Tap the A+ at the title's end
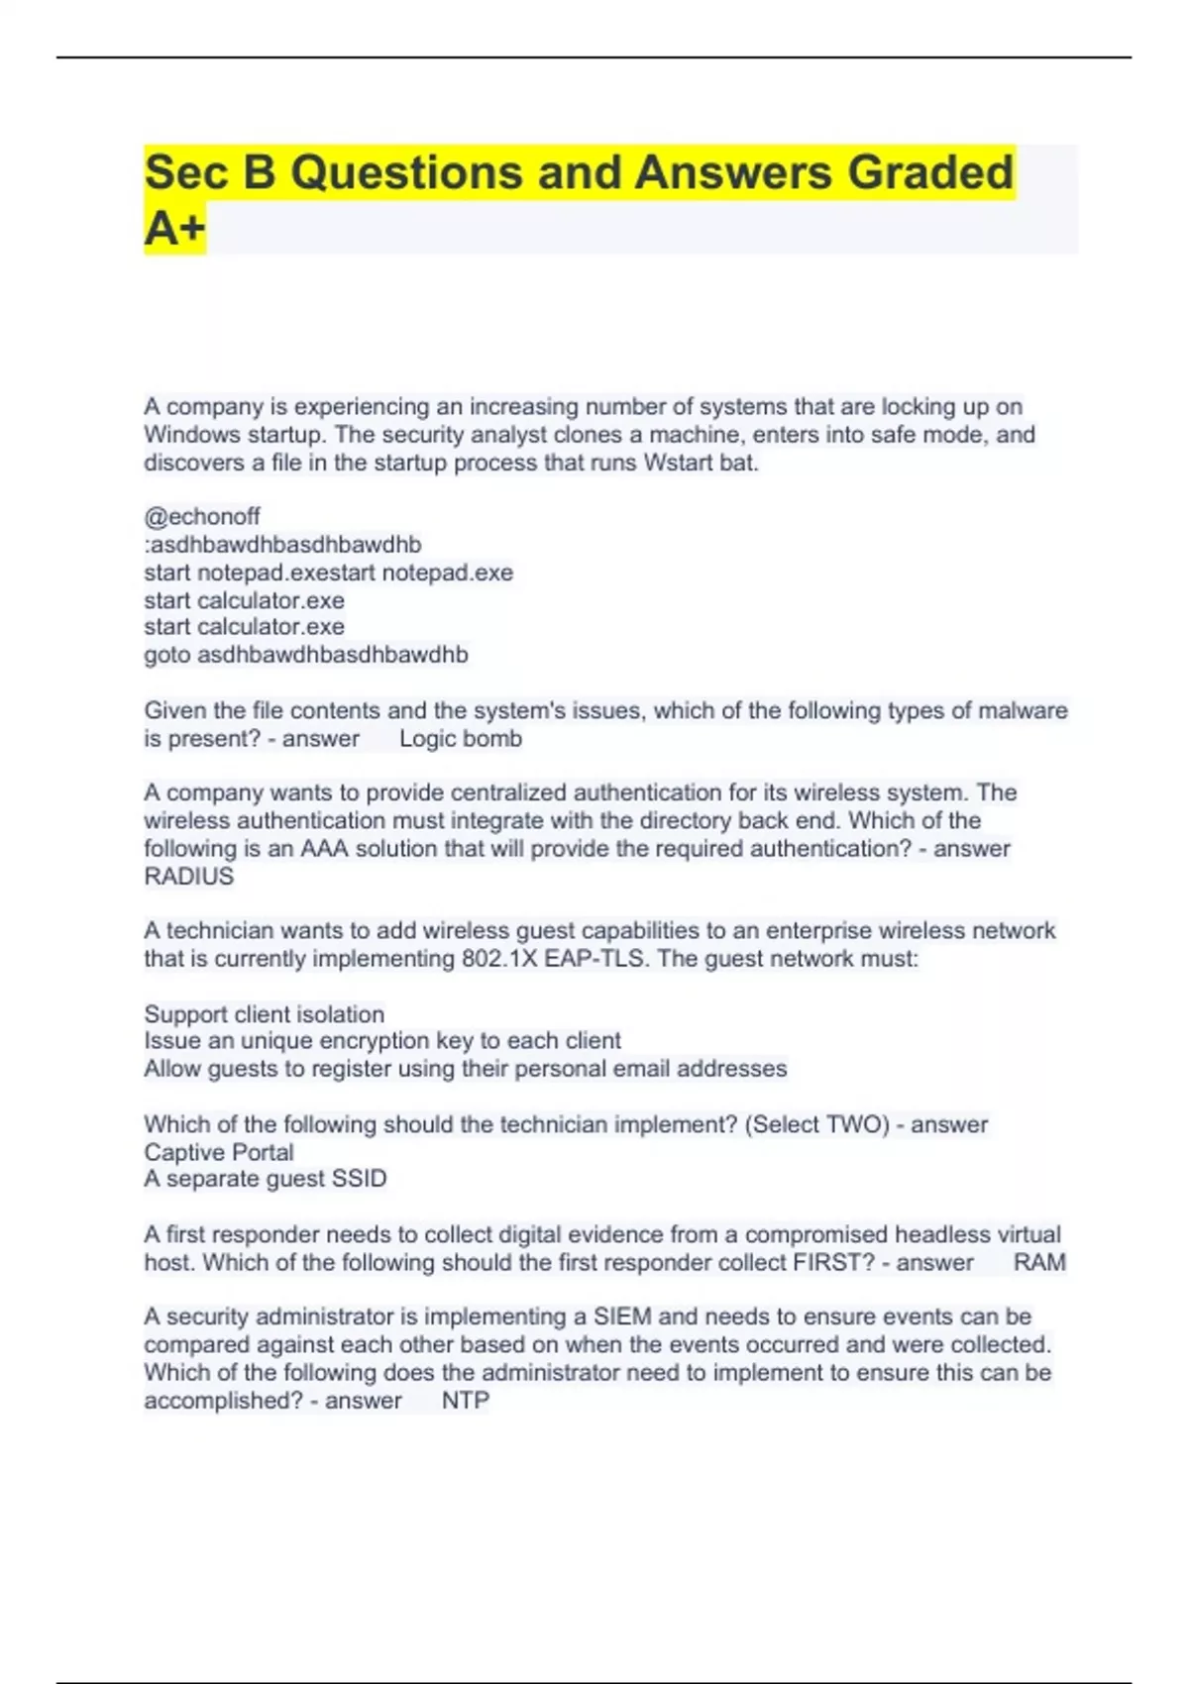point(174,229)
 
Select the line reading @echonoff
point(202,516)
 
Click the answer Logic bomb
point(461,739)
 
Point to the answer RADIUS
point(189,877)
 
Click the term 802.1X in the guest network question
point(500,959)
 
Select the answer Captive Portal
point(219,1152)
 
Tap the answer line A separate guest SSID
point(266,1179)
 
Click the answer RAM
point(1039,1263)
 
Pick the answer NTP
point(466,1401)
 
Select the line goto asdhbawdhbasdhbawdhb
point(306,655)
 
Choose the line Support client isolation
point(265,1014)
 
